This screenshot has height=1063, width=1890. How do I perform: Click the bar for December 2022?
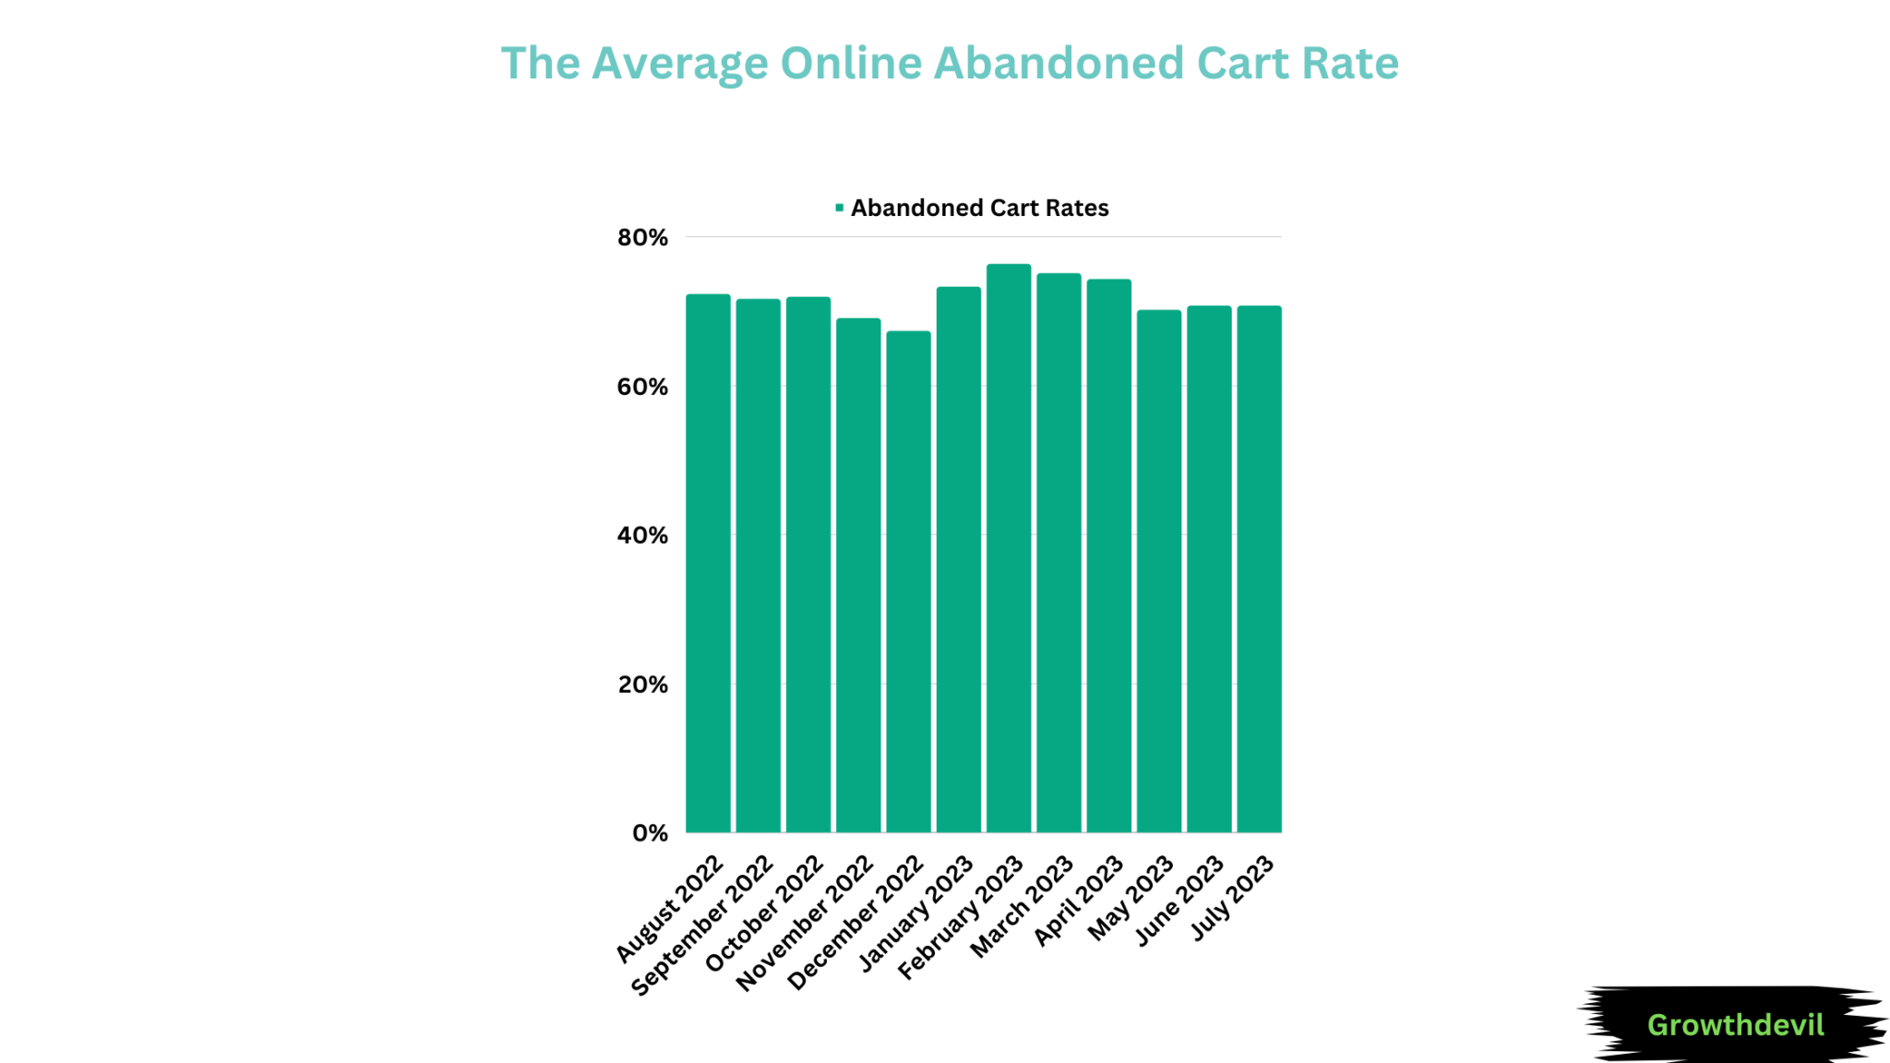908,581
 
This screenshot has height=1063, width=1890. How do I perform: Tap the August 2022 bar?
708,563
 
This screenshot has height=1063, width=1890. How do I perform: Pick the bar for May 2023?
1158,571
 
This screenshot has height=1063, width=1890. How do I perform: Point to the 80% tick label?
642,238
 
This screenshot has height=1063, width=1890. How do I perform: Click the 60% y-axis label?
642,387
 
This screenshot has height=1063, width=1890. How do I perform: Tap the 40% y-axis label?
642,535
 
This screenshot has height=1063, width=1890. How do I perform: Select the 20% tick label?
642,685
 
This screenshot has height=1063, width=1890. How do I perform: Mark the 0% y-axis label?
650,833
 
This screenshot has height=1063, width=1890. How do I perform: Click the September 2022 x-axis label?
703,925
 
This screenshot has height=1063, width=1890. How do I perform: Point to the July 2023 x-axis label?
1233,897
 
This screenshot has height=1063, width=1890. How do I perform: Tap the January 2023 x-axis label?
916,914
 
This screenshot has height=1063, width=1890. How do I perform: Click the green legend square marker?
839,208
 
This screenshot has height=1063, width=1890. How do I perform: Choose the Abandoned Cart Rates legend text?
979,208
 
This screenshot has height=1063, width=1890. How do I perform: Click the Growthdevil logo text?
1735,1024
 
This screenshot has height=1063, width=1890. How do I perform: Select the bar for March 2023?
1059,553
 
